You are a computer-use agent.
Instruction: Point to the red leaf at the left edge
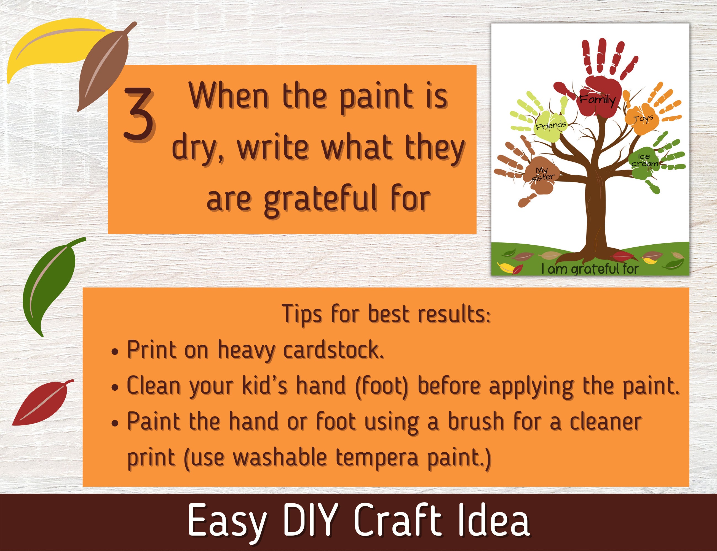(x=43, y=403)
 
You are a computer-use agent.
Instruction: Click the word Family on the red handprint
(x=597, y=99)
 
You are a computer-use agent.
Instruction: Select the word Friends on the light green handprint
(x=551, y=125)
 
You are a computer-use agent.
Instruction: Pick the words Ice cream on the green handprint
(x=644, y=160)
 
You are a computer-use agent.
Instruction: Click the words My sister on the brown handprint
(x=543, y=174)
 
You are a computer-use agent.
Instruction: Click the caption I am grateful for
(x=590, y=269)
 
